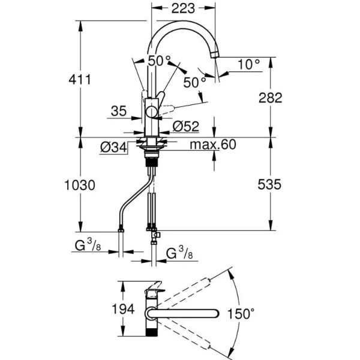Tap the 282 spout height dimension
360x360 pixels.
pyautogui.click(x=269, y=98)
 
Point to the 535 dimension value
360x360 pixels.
pyautogui.click(x=269, y=185)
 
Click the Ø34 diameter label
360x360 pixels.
pyautogui.click(x=114, y=146)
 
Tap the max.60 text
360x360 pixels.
pyautogui.click(x=213, y=145)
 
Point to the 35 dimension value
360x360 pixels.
pyautogui.click(x=119, y=110)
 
